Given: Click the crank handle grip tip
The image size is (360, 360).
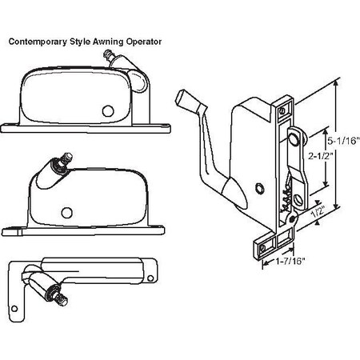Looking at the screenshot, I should (x=182, y=99).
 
